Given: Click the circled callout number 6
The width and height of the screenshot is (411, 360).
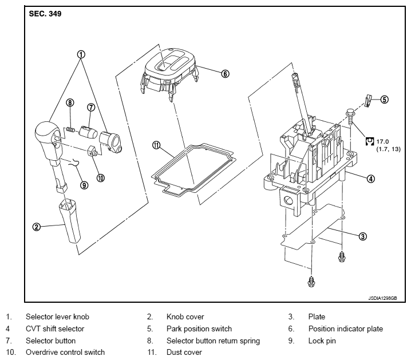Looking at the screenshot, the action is (225, 74).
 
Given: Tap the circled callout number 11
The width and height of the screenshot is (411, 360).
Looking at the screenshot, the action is (156, 145).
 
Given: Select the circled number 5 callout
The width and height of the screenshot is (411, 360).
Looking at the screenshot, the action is (384, 100).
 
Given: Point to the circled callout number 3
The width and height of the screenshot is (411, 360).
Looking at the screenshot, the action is (362, 236).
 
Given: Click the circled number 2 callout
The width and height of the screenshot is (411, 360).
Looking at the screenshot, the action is (37, 227).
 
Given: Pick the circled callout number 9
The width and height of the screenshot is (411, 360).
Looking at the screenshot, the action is (84, 185).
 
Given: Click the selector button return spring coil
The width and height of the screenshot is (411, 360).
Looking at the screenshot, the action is (70, 129).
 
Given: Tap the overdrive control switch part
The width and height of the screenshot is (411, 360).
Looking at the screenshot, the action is (93, 151).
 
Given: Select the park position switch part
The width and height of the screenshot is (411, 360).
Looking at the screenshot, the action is (367, 100).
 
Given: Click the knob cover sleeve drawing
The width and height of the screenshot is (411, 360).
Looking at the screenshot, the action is (69, 220).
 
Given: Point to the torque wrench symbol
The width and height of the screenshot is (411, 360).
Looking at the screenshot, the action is (369, 141).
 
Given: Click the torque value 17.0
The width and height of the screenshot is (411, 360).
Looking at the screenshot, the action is (382, 142).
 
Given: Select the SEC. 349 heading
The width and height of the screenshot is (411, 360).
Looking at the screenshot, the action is (45, 14).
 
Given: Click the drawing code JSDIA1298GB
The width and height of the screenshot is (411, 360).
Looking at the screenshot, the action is (382, 298).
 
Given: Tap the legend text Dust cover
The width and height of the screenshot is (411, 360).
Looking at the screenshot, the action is (184, 353).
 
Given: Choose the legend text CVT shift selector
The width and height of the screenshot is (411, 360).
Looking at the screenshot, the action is (55, 329).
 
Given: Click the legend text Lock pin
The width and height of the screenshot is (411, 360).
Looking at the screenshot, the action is (322, 341).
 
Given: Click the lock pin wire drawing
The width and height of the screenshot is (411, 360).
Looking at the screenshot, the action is (74, 163).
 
